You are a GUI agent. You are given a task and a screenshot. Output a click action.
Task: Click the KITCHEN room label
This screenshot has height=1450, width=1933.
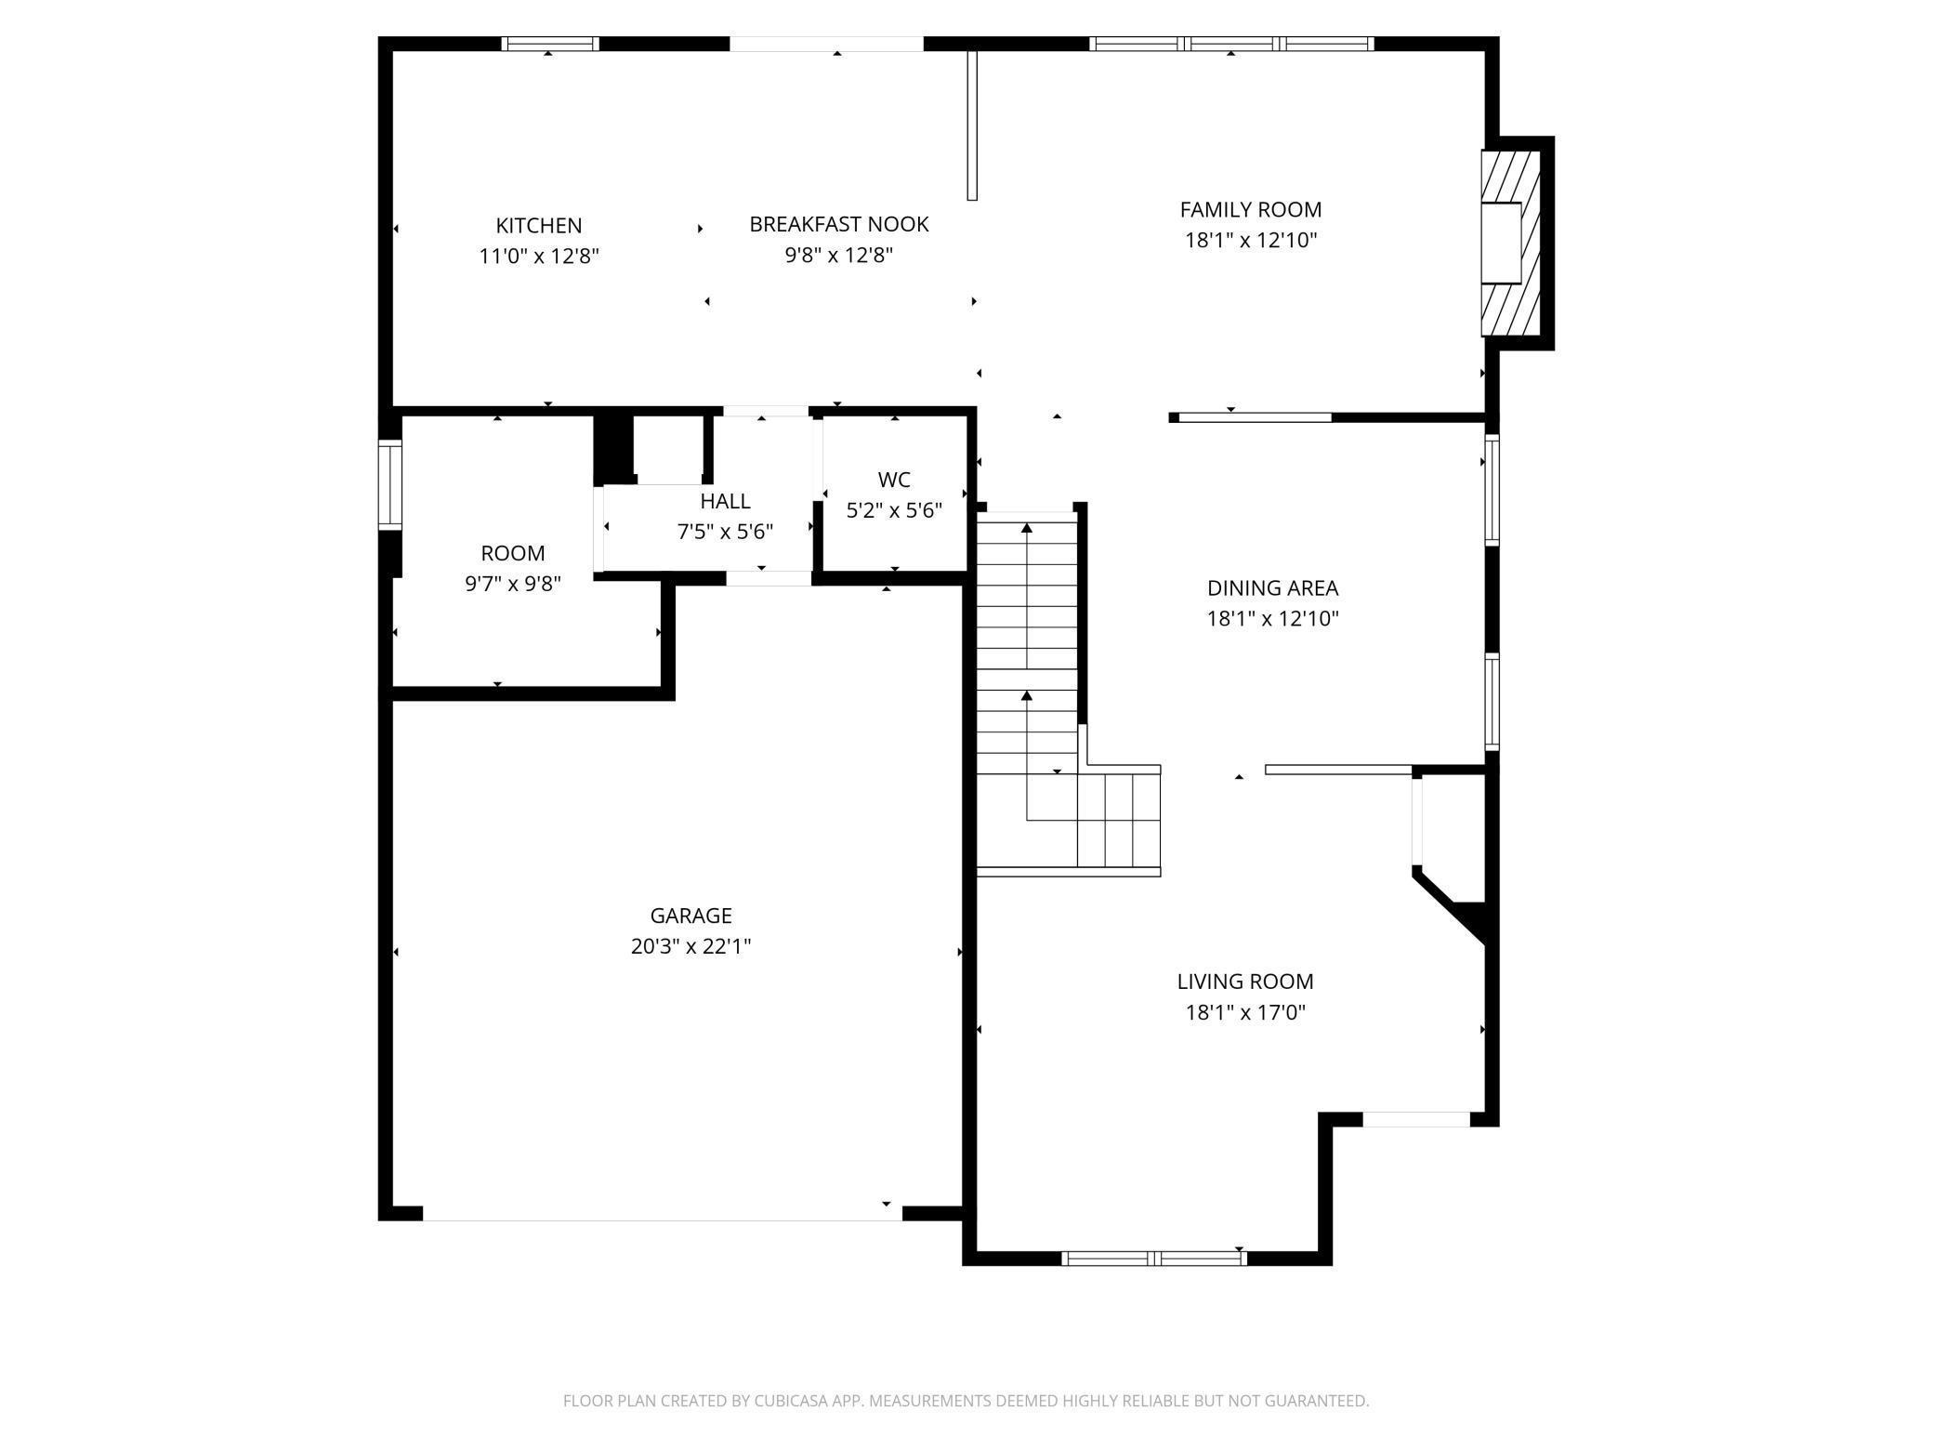(539, 226)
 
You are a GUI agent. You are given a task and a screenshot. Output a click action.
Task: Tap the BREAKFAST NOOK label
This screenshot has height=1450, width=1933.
(839, 225)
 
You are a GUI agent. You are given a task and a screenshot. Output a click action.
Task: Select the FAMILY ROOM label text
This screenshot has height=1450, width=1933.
(1251, 210)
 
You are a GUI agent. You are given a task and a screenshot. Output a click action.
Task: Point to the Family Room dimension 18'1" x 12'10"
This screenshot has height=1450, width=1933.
(1251, 241)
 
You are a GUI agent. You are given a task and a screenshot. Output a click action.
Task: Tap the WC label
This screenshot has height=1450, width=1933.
(894, 481)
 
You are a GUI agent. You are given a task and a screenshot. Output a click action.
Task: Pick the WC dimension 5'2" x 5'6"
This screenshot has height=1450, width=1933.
(894, 511)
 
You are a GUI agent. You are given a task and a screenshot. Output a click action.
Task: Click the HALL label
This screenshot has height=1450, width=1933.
(725, 502)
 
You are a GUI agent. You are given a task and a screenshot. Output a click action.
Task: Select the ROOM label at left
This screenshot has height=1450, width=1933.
(513, 554)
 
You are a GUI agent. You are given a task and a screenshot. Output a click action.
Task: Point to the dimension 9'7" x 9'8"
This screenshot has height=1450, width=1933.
(513, 585)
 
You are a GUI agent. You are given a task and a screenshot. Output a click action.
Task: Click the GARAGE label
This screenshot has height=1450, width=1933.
(690, 916)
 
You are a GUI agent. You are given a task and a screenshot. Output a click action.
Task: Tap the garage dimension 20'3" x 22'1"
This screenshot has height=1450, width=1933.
(690, 947)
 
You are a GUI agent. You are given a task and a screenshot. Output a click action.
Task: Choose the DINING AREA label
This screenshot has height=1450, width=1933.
(1272, 588)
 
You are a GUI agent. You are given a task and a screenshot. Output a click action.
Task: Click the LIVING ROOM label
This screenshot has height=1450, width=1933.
(1245, 982)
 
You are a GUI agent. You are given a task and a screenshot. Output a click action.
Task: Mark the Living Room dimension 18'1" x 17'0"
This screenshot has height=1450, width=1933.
(1245, 1012)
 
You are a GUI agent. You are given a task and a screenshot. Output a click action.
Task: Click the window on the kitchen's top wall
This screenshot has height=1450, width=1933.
(550, 44)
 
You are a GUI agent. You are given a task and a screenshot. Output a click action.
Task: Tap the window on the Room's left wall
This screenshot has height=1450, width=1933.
(390, 485)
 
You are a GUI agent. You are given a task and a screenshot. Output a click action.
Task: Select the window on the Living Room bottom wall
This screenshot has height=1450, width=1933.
(1153, 1259)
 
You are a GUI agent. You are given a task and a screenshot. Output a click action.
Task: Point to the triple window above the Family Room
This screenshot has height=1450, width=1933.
(1231, 44)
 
